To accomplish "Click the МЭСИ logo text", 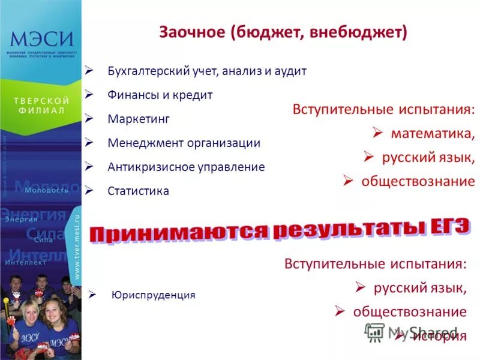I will pyautogui.click(x=41, y=40).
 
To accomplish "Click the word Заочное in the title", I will pyautogui.click(x=191, y=32).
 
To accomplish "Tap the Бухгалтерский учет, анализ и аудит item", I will pyautogui.click(x=207, y=71).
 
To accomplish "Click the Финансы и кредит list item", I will pyautogui.click(x=160, y=95).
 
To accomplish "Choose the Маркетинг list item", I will pyautogui.click(x=139, y=119).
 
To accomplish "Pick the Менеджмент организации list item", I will pyautogui.click(x=184, y=143).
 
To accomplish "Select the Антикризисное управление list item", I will pyautogui.click(x=186, y=167).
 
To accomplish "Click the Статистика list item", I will pyautogui.click(x=138, y=191).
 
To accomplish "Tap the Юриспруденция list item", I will pyautogui.click(x=154, y=295).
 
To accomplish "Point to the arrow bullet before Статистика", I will pyautogui.click(x=89, y=190).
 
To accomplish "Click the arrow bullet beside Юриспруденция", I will pyautogui.click(x=92, y=295).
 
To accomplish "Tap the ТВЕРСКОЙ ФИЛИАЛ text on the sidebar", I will pyautogui.click(x=41, y=106).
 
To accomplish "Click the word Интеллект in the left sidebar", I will pyautogui.click(x=25, y=262).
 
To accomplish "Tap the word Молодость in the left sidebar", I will pyautogui.click(x=47, y=190).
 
